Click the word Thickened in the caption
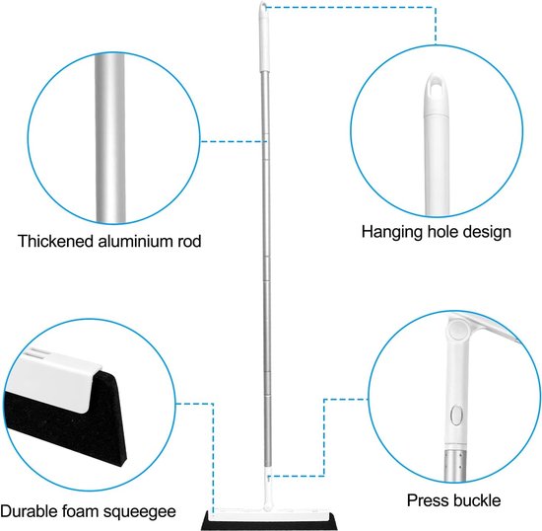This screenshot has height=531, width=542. pyautogui.click(x=56, y=241)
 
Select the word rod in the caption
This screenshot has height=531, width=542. pyautogui.click(x=187, y=241)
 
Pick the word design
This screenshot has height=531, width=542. pyautogui.click(x=487, y=232)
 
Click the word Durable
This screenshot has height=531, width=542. pyautogui.click(x=30, y=510)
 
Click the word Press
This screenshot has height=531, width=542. pyautogui.click(x=428, y=500)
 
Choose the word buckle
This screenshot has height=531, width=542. pyautogui.click(x=477, y=500)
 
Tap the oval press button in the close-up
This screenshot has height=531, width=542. pyautogui.click(x=456, y=415)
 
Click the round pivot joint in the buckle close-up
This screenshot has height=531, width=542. pyautogui.click(x=457, y=328)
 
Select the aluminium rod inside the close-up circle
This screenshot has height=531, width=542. pyautogui.click(x=110, y=138)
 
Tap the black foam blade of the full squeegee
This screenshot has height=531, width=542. pyautogui.click(x=269, y=525)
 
